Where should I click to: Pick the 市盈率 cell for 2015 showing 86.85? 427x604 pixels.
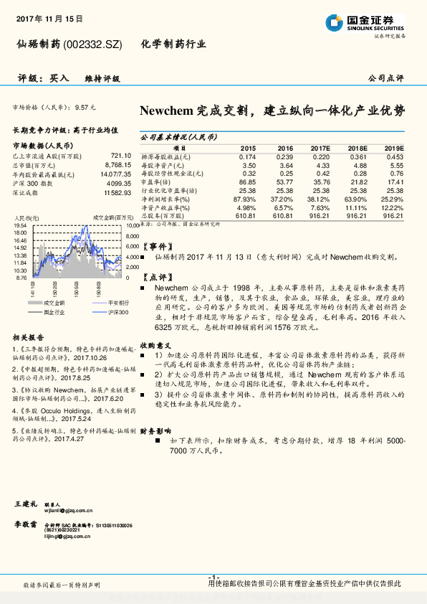(246, 182)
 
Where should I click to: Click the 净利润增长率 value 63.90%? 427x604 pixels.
(357, 199)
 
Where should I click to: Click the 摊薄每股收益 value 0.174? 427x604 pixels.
(247, 156)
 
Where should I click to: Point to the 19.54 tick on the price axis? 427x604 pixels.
(20, 225)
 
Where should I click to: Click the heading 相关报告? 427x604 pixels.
(29, 337)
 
